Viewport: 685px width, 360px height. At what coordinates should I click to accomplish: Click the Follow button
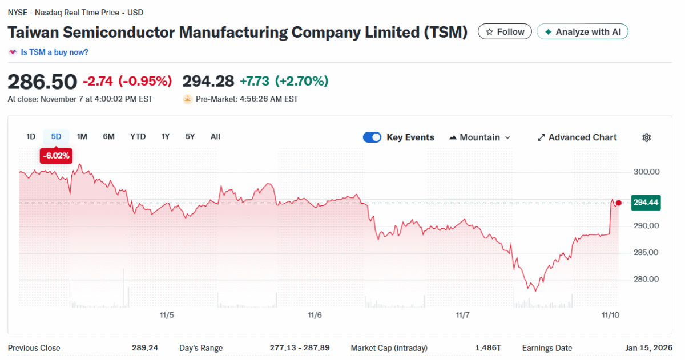(505, 32)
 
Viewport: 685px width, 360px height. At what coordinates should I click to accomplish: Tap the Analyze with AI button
(582, 32)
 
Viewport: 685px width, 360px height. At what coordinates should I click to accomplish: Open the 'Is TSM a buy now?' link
(54, 52)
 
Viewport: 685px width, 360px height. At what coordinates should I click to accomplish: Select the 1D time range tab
(31, 136)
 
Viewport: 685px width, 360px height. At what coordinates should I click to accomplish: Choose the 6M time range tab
(108, 136)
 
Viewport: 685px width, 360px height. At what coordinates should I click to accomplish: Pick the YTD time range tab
(138, 136)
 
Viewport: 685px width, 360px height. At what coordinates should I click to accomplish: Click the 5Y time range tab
(190, 136)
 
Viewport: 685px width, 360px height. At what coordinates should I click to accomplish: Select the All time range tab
(215, 136)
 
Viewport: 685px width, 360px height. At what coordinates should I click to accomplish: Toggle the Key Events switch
(372, 137)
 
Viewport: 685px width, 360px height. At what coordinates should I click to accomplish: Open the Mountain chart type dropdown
(480, 137)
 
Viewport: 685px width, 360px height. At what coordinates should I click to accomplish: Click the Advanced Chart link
(577, 137)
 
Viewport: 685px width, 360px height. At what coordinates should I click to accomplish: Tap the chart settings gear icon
(647, 137)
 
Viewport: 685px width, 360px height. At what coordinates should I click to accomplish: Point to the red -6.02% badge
(56, 155)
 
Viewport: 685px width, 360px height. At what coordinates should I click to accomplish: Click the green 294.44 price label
(646, 203)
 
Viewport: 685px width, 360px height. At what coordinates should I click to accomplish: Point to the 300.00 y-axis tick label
(646, 172)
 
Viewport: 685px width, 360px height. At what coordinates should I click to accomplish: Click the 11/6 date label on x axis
(315, 315)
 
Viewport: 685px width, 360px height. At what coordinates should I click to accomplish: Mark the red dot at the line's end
(619, 203)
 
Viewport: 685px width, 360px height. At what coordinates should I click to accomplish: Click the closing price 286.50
(42, 82)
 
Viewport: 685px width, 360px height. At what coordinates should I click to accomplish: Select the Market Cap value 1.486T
(489, 348)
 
